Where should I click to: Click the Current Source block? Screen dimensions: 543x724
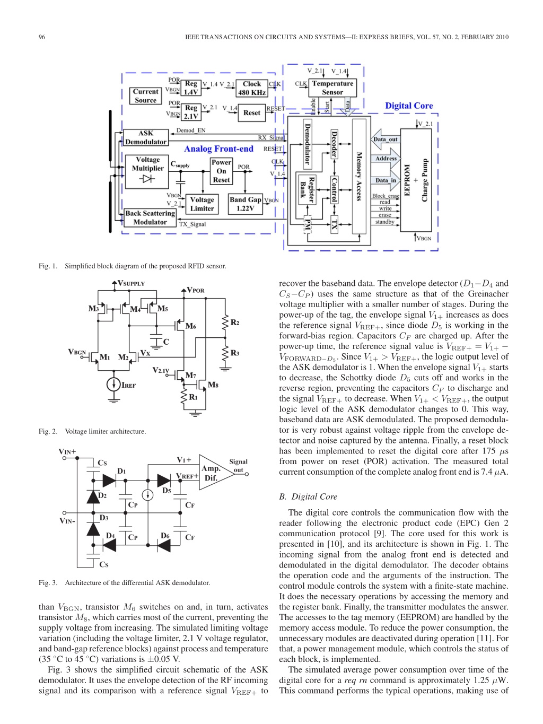coord(145,95)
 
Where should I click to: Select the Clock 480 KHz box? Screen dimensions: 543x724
coord(252,89)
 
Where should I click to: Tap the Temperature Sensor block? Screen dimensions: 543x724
coord(332,88)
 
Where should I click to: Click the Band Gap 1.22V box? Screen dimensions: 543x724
coord(246,204)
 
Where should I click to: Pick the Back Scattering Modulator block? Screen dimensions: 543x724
coord(150,217)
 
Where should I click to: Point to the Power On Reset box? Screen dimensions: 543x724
coord(221,171)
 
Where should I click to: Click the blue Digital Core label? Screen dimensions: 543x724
coord(409,106)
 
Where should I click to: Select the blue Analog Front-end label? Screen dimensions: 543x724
coord(218,149)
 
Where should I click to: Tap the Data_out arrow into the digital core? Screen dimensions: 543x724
coord(386,139)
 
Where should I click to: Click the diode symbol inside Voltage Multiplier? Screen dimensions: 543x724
coord(147,179)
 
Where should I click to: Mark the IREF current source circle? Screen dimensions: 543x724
coord(113,385)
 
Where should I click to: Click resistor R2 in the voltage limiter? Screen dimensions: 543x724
coord(225,322)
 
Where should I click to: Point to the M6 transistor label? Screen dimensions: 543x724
coord(190,326)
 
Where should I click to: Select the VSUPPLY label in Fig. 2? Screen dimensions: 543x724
coord(131,283)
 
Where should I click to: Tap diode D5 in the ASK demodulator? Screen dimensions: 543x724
coord(164,481)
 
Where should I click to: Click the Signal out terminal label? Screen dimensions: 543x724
coord(238,466)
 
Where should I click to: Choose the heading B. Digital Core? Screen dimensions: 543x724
coord(308,497)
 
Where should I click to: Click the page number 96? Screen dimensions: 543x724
coord(42,37)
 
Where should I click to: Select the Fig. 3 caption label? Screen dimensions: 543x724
coord(48,583)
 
